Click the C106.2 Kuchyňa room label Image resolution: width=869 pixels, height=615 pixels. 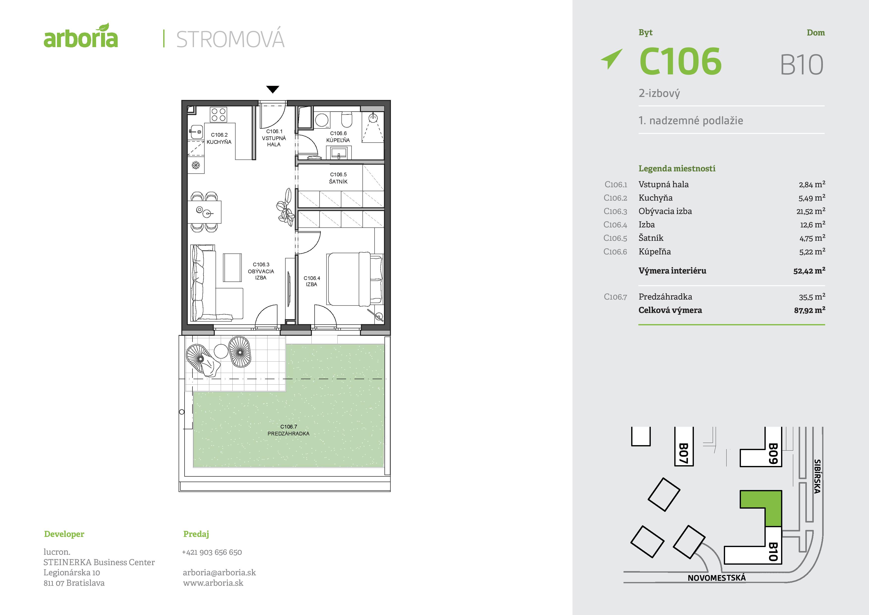(219, 138)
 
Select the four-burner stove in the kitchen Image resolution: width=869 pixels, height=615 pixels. (218, 114)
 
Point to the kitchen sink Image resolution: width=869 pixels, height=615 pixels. (196, 132)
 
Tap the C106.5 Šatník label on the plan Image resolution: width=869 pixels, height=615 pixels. (338, 178)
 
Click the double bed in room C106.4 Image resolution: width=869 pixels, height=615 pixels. (355, 279)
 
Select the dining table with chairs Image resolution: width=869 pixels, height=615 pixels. (204, 212)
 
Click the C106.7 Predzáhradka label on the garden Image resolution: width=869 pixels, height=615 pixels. (288, 430)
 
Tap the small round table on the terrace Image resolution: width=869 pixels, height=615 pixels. (221, 351)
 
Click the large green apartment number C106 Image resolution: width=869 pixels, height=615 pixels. (680, 61)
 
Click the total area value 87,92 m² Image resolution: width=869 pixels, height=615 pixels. (810, 310)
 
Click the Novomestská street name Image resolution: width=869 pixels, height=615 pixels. (716, 578)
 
